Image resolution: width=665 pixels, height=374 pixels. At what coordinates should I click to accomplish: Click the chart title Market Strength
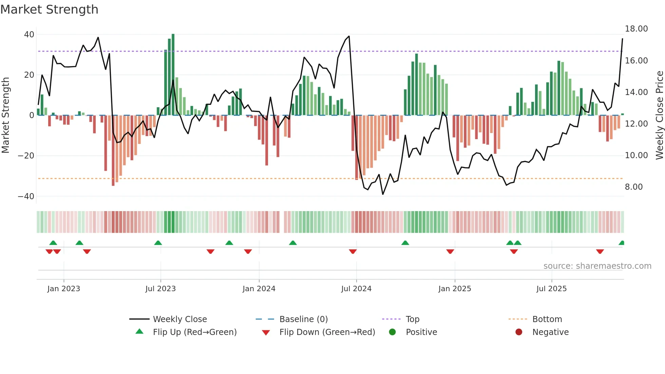49,10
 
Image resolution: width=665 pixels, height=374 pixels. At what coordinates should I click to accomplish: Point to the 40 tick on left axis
29,35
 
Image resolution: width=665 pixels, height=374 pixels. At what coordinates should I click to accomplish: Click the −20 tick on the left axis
26,156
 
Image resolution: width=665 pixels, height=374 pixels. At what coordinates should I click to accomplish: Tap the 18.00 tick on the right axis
636,29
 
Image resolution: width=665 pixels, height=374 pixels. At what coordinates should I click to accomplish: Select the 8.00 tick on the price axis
633,187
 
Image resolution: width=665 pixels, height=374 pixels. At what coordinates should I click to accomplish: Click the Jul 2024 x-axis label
356,289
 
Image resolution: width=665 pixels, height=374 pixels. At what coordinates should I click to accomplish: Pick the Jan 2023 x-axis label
64,289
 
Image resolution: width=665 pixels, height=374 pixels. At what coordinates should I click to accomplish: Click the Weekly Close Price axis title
659,115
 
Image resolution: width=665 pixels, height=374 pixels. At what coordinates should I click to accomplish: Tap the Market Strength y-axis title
6,115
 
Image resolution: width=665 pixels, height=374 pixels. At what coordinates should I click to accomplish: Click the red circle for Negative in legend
519,332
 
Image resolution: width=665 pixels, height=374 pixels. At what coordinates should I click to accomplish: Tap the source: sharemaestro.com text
597,266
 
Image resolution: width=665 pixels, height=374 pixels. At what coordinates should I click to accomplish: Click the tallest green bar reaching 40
173,75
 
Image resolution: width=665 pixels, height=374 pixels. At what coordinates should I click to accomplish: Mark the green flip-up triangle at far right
622,243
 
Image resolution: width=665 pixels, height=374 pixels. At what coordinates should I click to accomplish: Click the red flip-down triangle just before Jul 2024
353,251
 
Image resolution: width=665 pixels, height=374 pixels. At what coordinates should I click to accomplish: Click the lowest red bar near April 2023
113,151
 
